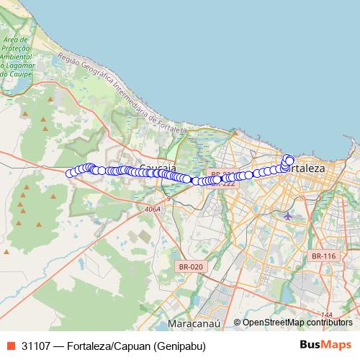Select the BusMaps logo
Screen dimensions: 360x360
(325, 345)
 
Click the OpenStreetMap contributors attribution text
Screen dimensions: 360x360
(297, 323)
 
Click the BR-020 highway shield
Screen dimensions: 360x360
(189, 266)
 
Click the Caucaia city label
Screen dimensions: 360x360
(158, 167)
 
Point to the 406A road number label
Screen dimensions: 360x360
(152, 209)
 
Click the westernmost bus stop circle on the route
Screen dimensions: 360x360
(70, 173)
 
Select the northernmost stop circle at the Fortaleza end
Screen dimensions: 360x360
(287, 158)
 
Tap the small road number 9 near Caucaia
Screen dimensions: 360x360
(169, 198)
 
